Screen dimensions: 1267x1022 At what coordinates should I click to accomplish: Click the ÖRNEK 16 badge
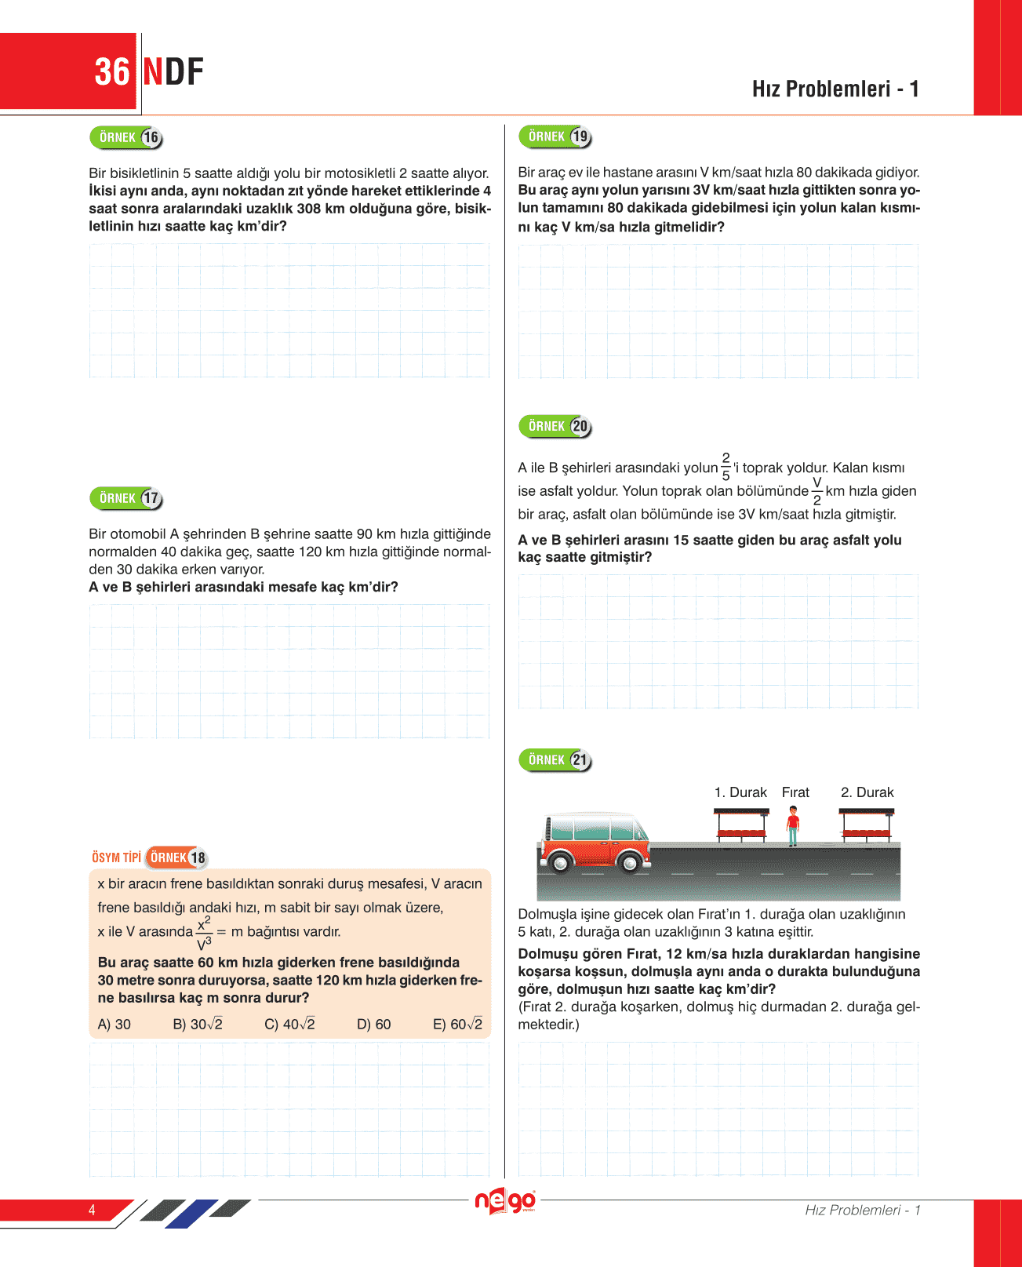pyautogui.click(x=126, y=138)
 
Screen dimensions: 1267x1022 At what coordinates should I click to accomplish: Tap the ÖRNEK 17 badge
pyautogui.click(x=126, y=498)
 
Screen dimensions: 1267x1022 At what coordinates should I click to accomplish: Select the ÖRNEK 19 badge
pyautogui.click(x=555, y=137)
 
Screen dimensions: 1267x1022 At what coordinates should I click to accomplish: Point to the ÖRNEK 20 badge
pyautogui.click(x=555, y=426)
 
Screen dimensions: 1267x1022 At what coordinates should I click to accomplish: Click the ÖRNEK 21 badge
pyautogui.click(x=555, y=759)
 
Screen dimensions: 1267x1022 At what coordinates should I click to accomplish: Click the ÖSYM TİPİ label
pyautogui.click(x=116, y=857)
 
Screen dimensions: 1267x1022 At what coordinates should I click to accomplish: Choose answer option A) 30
pyautogui.click(x=115, y=1024)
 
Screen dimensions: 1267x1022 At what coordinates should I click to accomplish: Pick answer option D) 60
pyautogui.click(x=373, y=1024)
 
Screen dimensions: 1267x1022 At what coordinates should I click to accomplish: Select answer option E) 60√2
pyautogui.click(x=457, y=1024)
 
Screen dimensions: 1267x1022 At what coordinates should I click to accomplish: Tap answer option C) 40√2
pyautogui.click(x=289, y=1024)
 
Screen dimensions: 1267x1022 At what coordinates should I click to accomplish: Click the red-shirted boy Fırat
pyautogui.click(x=793, y=826)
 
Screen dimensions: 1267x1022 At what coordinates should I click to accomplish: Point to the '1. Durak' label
pyautogui.click(x=740, y=792)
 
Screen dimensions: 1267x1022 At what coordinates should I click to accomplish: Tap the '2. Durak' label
pyautogui.click(x=867, y=792)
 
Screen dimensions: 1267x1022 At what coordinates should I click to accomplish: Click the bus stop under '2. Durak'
pyautogui.click(x=867, y=826)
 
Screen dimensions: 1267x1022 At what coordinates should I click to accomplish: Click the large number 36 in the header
pyautogui.click(x=112, y=72)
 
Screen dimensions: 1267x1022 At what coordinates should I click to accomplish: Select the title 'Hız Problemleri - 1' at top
pyautogui.click(x=835, y=89)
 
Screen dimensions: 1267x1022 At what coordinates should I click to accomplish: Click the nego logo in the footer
pyautogui.click(x=506, y=1201)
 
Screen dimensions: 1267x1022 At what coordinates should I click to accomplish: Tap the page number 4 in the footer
pyautogui.click(x=92, y=1210)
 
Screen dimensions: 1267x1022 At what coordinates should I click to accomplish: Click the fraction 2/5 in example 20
pyautogui.click(x=726, y=467)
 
